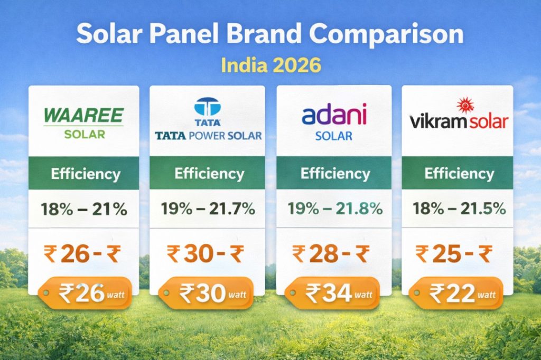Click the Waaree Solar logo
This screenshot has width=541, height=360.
pos(84,122)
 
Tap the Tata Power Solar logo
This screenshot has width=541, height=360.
pos(208,122)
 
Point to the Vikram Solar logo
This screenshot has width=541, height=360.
pos(459,117)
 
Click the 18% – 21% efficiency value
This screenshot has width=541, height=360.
pos(85,209)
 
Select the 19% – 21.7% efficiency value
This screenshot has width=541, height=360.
pos(208,209)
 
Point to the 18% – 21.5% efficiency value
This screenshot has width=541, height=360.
pos(458,209)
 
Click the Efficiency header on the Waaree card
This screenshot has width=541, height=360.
pos(85,174)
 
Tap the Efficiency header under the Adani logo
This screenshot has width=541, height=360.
pos(334,173)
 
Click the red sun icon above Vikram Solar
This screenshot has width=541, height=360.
pos(465,105)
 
